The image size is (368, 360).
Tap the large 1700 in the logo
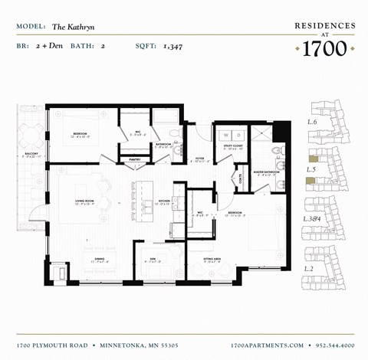pos(325,48)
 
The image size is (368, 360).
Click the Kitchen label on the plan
pos(164,201)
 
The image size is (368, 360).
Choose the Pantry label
pos(135,159)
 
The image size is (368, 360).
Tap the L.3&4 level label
pos(313,220)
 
